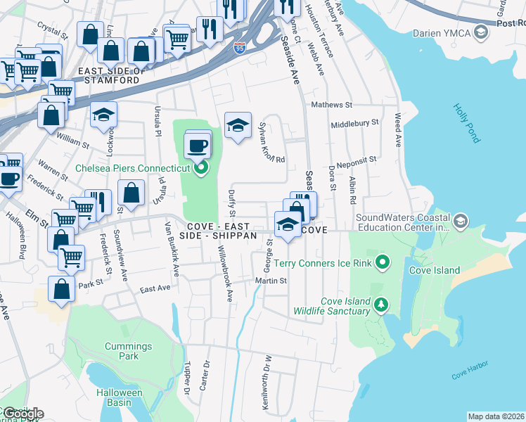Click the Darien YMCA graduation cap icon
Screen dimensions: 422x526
[481, 32]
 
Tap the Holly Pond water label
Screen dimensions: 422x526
[466, 124]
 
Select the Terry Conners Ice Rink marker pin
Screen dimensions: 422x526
[383, 263]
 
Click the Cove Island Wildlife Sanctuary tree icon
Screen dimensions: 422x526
[380, 304]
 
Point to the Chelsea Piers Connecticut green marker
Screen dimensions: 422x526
[201, 168]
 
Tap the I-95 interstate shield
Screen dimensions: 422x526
[240, 48]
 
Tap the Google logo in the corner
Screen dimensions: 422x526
[23, 414]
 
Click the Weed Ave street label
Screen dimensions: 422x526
[398, 130]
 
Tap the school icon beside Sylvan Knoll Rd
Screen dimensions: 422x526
[238, 126]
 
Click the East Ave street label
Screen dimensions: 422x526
[155, 288]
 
